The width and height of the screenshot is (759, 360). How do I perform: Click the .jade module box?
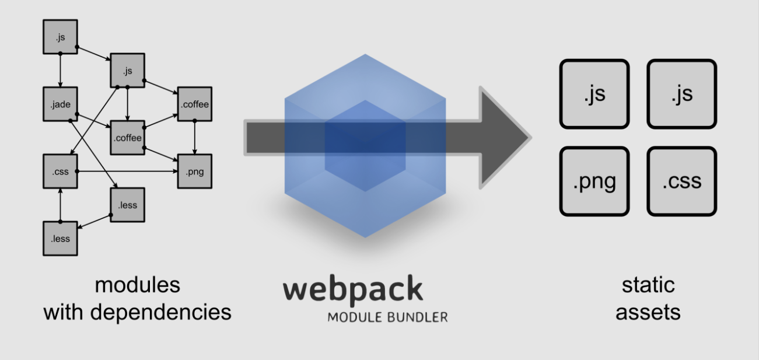tap(60, 105)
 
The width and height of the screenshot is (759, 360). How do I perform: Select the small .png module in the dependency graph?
tap(194, 172)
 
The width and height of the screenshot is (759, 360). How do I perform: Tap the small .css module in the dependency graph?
tap(60, 172)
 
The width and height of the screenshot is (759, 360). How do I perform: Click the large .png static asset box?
tap(594, 181)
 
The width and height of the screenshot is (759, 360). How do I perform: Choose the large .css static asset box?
tap(681, 181)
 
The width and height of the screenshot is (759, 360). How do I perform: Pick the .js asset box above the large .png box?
tap(594, 94)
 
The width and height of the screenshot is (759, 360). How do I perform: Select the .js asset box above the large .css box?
tap(681, 94)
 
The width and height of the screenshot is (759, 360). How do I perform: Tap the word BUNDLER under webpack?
tap(418, 318)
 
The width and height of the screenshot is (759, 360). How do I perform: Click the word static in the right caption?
tap(648, 285)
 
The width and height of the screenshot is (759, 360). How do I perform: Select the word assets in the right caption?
tap(648, 312)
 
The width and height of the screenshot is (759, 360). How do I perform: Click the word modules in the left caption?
tap(137, 285)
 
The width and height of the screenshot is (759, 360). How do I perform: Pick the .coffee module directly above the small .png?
tap(194, 105)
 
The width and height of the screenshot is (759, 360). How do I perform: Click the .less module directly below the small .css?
tap(60, 238)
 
